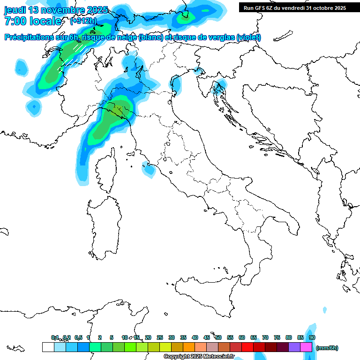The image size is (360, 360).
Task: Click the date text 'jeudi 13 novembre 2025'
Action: [56, 10]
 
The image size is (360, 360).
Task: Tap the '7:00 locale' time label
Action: [33, 21]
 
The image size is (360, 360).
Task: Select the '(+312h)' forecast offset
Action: [84, 21]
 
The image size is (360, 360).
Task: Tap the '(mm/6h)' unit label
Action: [327, 348]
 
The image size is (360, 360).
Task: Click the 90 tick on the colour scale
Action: [312, 337]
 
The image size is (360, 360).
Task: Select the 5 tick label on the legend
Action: [112, 337]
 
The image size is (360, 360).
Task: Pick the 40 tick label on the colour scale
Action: [195, 337]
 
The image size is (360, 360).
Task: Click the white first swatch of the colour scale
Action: [48, 347]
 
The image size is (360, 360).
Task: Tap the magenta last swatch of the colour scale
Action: [306, 347]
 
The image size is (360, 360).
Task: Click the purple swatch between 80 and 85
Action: [294, 347]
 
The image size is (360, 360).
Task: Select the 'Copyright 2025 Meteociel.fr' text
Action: [199, 357]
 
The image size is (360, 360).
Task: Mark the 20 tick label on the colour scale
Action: [148, 337]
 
